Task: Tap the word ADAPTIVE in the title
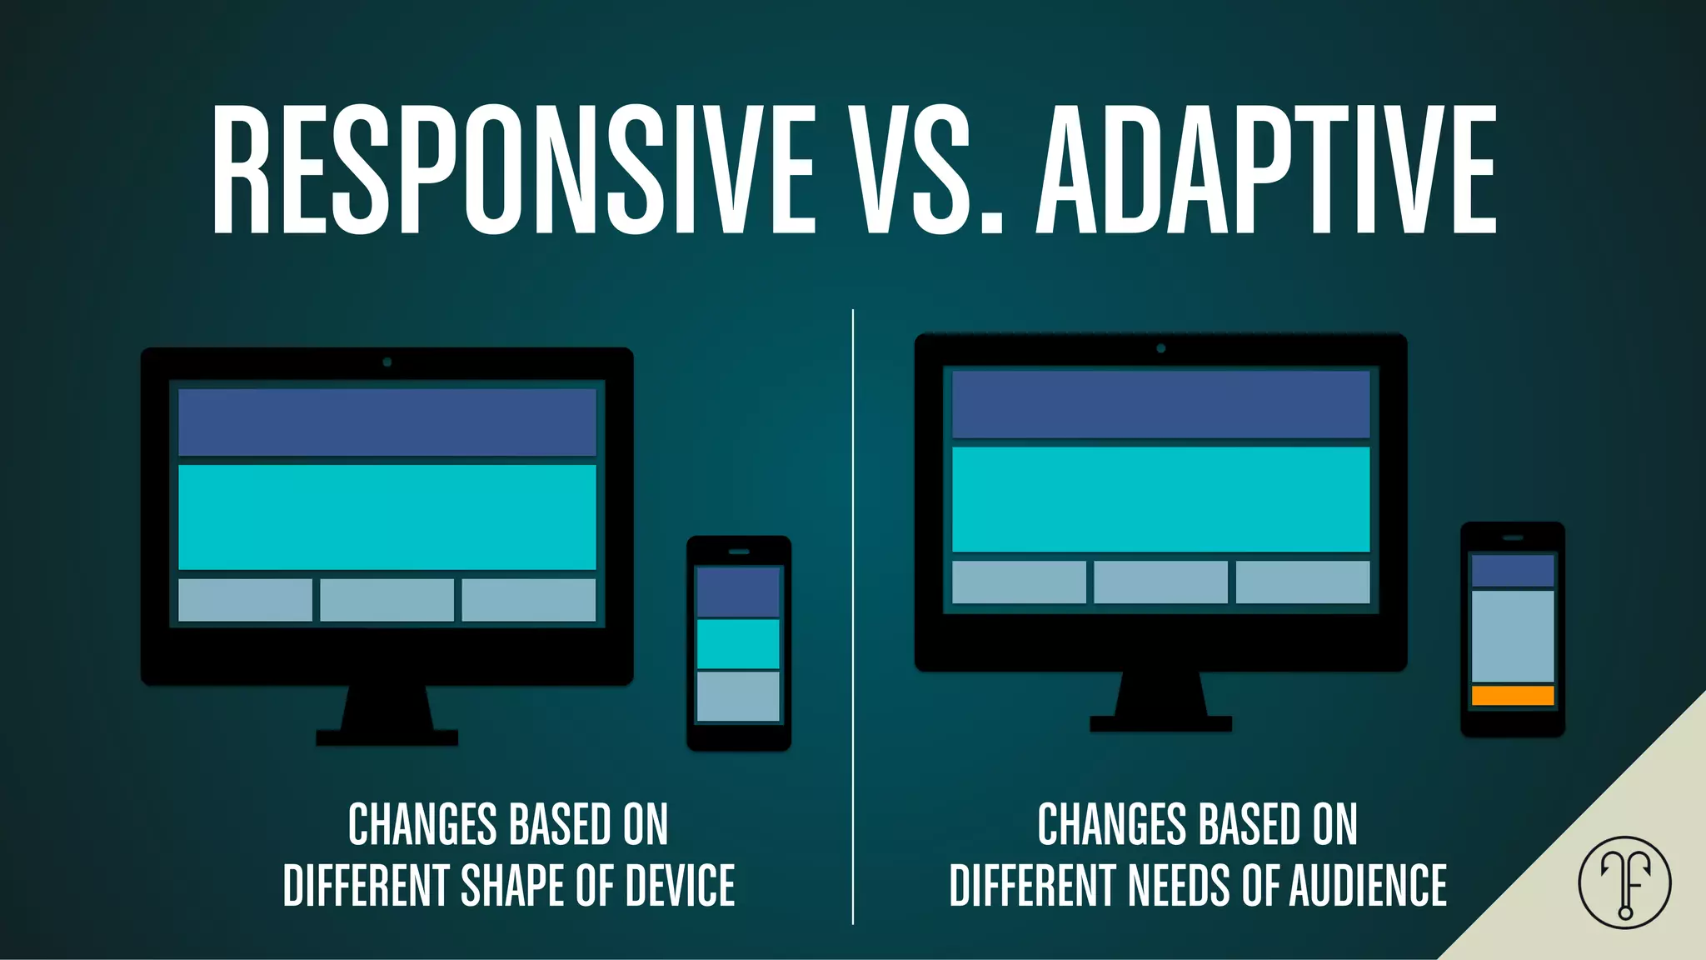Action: (1266, 169)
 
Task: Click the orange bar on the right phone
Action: (1513, 695)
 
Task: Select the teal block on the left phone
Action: (738, 643)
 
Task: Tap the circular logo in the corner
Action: (1624, 882)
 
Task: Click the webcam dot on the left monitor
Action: (387, 362)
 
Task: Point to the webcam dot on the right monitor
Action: (1161, 348)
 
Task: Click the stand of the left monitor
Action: (387, 717)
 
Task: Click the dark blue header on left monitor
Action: (387, 422)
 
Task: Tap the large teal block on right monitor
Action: (1161, 499)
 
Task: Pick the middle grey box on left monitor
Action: (387, 600)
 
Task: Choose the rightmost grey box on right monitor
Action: (1303, 582)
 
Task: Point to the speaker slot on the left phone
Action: (739, 552)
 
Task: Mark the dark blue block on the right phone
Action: (1513, 571)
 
